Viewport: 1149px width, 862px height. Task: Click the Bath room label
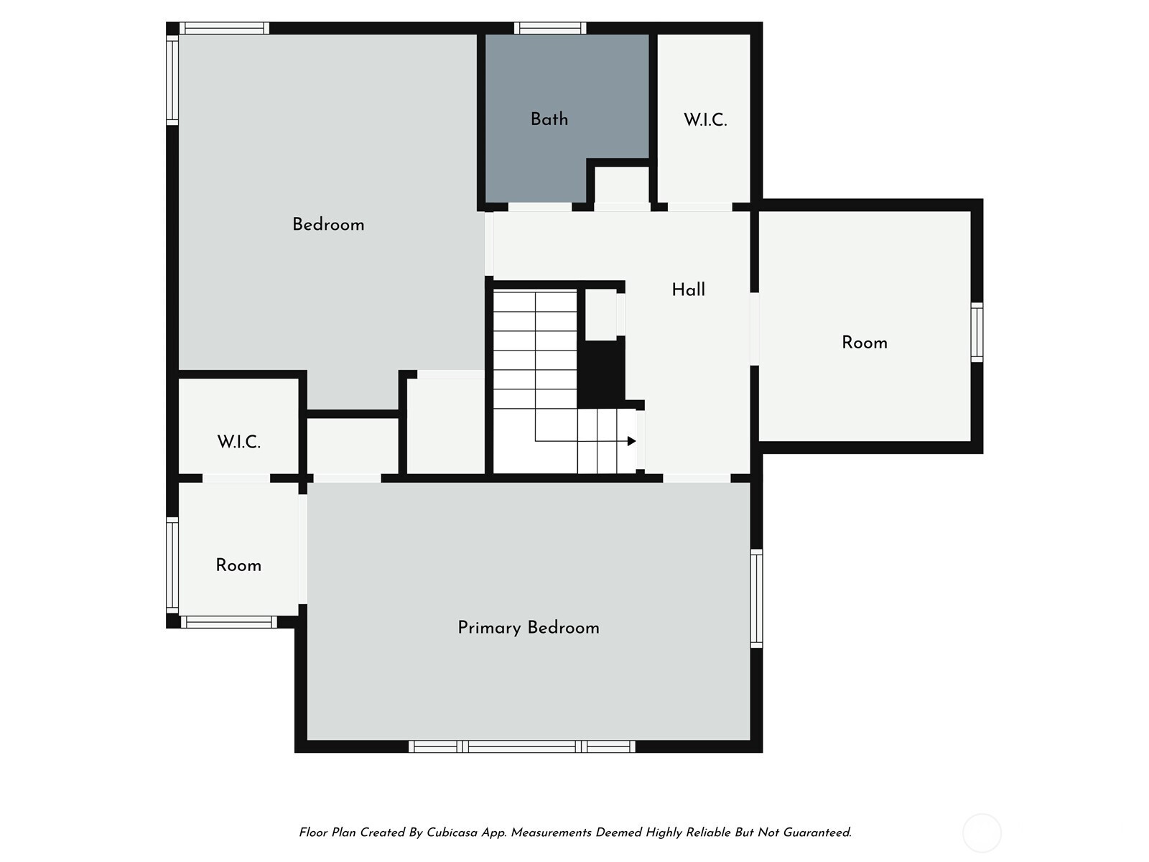549,119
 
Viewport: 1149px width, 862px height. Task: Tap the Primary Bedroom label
528,628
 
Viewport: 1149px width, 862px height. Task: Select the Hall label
689,290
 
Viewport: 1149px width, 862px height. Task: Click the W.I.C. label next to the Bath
705,120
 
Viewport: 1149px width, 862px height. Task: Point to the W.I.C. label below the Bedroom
238,442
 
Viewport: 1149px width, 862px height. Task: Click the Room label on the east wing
864,343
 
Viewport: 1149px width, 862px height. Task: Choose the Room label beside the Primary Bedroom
238,565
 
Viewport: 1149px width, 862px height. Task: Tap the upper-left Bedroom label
328,225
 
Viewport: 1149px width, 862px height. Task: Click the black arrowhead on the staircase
632,441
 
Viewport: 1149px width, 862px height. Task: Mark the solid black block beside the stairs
601,373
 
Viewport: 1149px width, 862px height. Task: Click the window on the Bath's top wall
549,28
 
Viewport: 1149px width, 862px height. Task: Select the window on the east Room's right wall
977,332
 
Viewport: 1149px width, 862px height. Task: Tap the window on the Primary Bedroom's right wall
756,598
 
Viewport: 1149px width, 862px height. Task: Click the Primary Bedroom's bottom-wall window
522,746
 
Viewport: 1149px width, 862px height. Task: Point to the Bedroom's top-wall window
224,28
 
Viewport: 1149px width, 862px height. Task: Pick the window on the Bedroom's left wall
172,80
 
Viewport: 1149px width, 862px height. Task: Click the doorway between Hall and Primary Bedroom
697,478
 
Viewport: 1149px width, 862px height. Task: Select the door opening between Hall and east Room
754,329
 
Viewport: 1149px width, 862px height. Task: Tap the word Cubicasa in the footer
452,833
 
